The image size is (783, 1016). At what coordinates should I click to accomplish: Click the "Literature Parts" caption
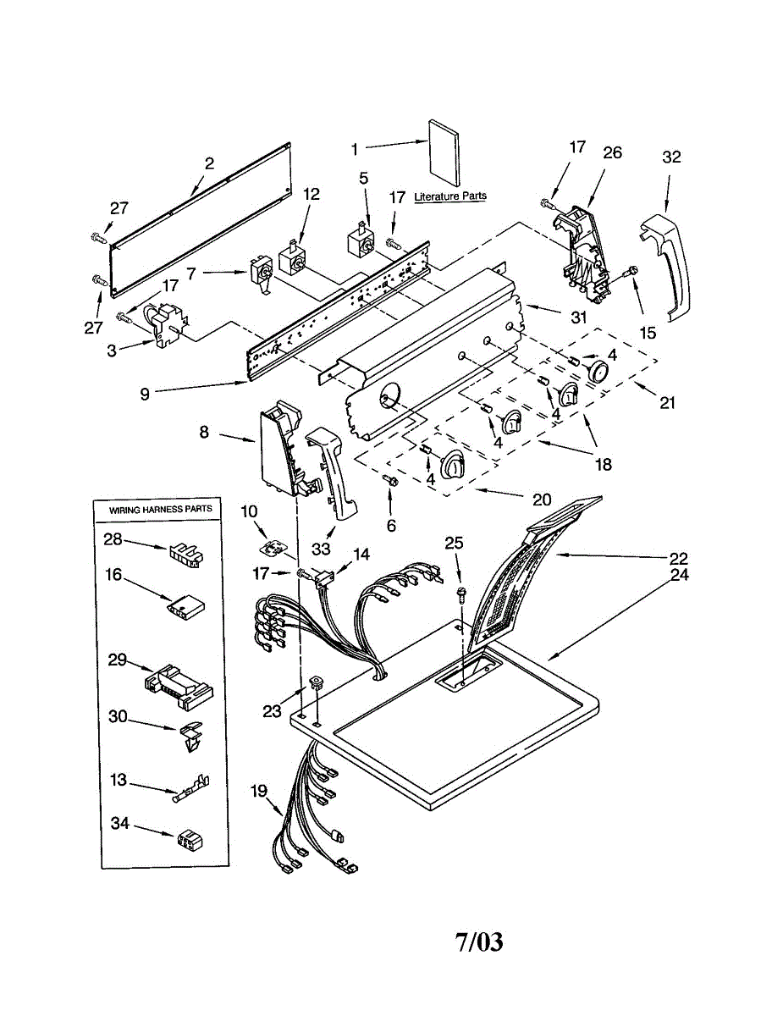pos(450,196)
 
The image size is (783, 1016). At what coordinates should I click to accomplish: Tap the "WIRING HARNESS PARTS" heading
pos(160,509)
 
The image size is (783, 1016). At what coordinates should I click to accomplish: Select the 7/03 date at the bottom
pos(479,941)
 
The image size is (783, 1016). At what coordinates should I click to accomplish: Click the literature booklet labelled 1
pos(444,153)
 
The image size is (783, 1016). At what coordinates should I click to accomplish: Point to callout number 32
pos(671,157)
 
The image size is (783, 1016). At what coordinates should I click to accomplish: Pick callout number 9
pos(145,395)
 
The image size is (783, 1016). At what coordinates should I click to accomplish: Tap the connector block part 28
pos(185,555)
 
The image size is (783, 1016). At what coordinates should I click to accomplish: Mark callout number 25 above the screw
pos(454,543)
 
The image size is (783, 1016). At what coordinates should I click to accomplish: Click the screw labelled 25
pos(461,593)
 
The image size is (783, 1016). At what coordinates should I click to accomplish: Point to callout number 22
pos(678,558)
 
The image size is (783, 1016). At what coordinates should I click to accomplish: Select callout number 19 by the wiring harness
pos(258,791)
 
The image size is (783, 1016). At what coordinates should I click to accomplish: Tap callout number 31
pos(579,317)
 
